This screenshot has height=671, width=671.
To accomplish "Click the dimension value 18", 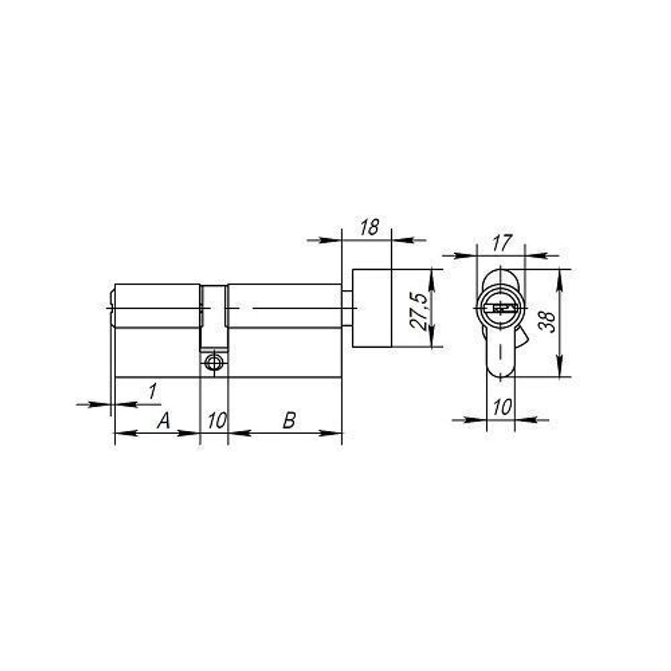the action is point(369,227).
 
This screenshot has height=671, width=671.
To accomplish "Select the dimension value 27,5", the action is point(419,311).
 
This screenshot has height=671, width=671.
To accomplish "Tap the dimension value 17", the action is point(501,243).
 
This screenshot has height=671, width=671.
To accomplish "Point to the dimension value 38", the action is point(548,321).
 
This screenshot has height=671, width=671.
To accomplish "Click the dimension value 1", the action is point(152,392).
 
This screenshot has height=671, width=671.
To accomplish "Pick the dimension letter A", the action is point(164,420).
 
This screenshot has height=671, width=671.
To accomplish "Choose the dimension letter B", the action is point(289,420).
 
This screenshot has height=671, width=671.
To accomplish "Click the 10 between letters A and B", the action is point(217,421).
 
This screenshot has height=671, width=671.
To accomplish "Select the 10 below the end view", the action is point(502,407).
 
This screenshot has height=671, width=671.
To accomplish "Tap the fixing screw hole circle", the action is point(213,363).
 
